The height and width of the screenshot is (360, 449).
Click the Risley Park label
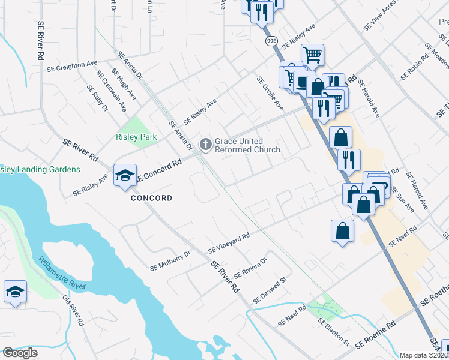tap(136, 137)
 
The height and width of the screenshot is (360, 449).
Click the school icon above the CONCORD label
tap(125, 175)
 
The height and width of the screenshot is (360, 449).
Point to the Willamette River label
tap(63, 273)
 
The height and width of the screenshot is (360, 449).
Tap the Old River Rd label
tap(73, 310)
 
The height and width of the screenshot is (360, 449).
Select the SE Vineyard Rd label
tap(228, 243)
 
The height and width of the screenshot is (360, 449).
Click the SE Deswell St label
tap(271, 289)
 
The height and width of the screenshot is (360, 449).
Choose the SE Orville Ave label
tap(269, 94)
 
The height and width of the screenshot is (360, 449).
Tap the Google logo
tap(20, 353)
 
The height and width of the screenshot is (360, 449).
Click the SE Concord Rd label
tap(159, 170)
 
